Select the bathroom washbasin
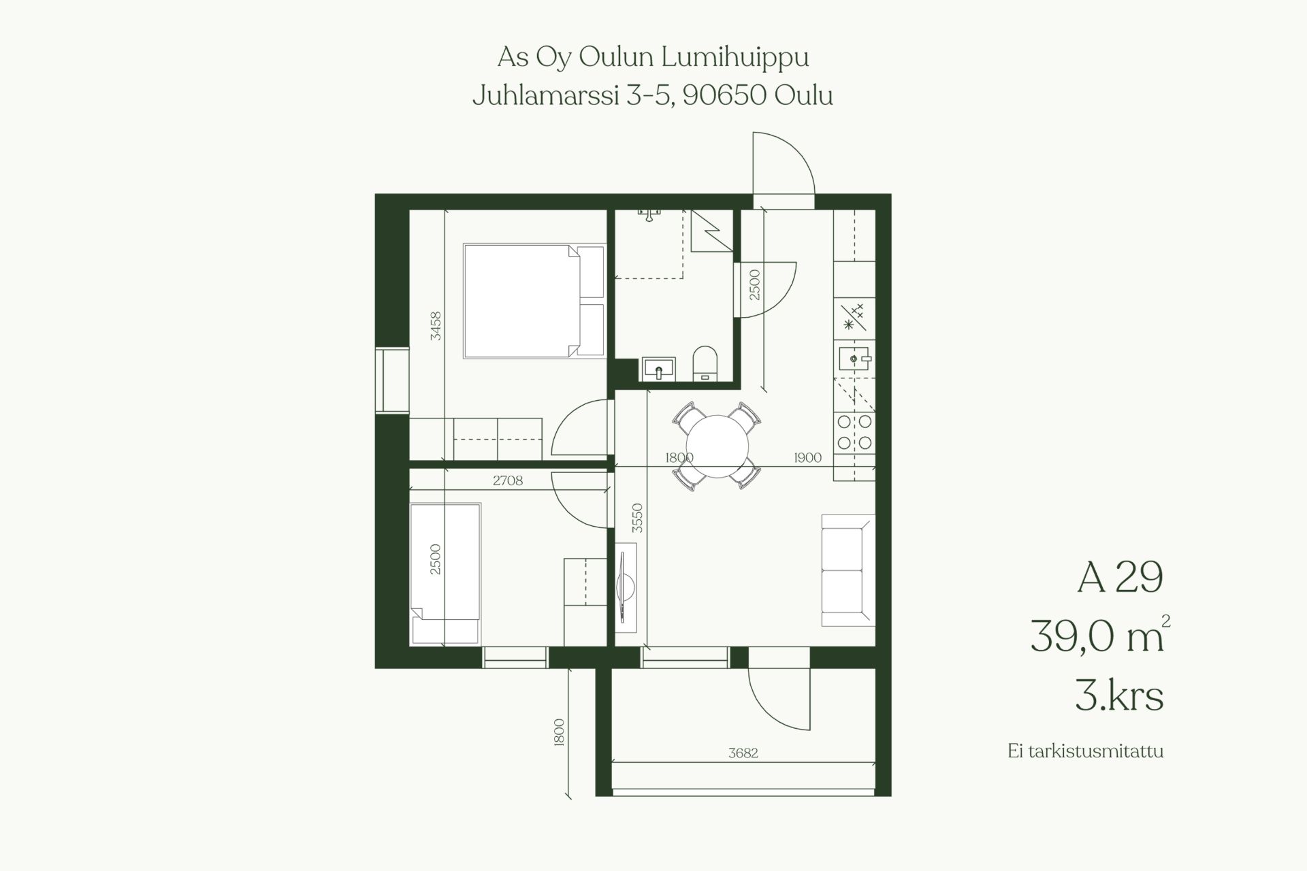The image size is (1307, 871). tap(658, 369)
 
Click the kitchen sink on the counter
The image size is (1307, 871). tap(854, 358)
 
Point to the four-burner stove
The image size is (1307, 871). tap(855, 432)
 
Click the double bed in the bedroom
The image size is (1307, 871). tap(534, 301)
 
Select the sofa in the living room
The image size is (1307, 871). tap(848, 570)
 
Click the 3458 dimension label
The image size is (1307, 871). tap(436, 326)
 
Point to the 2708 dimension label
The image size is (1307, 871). tap(508, 480)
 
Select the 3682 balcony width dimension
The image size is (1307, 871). tap(743, 753)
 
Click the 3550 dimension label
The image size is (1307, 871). tap(637, 519)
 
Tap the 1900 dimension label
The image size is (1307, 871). tap(807, 457)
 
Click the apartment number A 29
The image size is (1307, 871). tap(1120, 578)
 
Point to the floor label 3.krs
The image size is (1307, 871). tap(1119, 695)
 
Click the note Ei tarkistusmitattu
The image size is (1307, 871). tap(1086, 752)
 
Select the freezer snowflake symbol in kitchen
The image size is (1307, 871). tap(848, 325)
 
